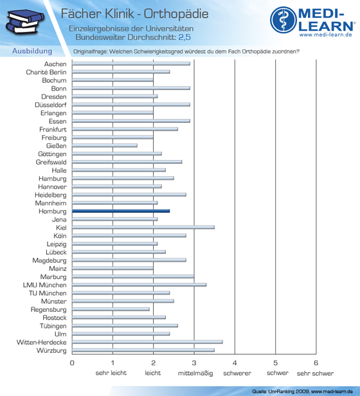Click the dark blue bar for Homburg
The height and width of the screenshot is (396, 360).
pyautogui.click(x=121, y=211)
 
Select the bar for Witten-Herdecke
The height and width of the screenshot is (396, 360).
pyautogui.click(x=147, y=342)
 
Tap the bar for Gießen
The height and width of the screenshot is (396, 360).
pyautogui.click(x=105, y=145)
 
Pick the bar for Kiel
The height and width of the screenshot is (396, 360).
pyautogui.click(x=143, y=228)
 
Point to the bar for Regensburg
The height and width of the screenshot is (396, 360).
pyautogui.click(x=111, y=309)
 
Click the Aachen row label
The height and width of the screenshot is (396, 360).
pyautogui.click(x=55, y=64)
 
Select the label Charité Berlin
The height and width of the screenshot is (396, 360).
pyautogui.click(x=46, y=72)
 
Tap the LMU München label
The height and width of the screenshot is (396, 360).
pyautogui.click(x=45, y=285)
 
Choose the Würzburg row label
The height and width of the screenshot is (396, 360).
pyautogui.click(x=51, y=350)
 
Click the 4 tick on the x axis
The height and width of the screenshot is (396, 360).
pyautogui.click(x=235, y=363)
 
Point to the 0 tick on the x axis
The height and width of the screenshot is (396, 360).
pyautogui.click(x=72, y=363)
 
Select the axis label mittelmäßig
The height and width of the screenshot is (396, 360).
pyautogui.click(x=195, y=373)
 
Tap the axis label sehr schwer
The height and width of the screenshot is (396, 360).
pyautogui.click(x=315, y=373)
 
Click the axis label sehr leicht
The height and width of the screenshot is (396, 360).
pyautogui.click(x=111, y=373)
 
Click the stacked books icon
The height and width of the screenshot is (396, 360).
pyautogui.click(x=25, y=21)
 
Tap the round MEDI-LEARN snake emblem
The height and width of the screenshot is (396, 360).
pyautogui.click(x=283, y=20)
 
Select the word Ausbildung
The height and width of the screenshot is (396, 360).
pyautogui.click(x=32, y=51)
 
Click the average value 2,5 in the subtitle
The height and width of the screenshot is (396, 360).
pyautogui.click(x=184, y=37)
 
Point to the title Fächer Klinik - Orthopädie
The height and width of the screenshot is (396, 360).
pyautogui.click(x=134, y=14)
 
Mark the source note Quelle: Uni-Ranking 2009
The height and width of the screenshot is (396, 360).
pyautogui.click(x=281, y=392)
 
